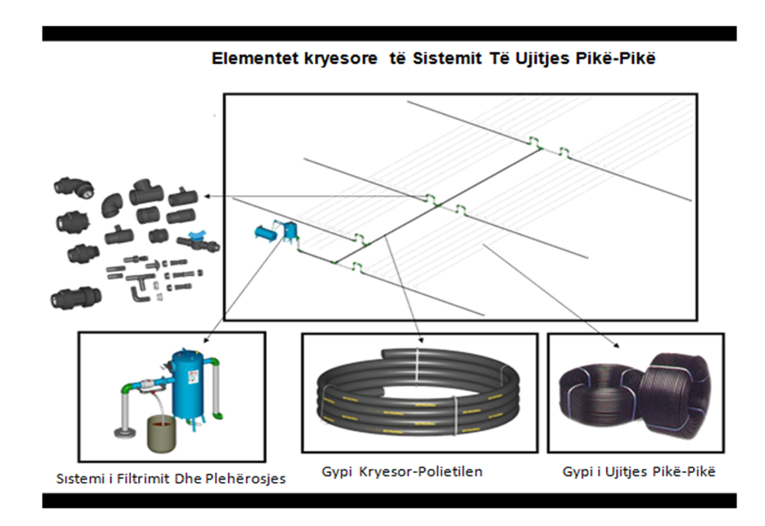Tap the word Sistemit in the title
click(447, 58)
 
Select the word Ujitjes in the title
click(543, 58)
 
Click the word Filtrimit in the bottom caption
click(143, 479)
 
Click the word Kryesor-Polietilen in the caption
click(421, 472)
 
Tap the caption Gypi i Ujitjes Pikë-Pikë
click(638, 472)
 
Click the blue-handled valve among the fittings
click(198, 241)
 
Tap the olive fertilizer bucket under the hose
click(161, 433)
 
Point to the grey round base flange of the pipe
click(124, 433)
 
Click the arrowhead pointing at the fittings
click(207, 196)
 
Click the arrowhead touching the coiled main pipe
click(420, 340)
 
